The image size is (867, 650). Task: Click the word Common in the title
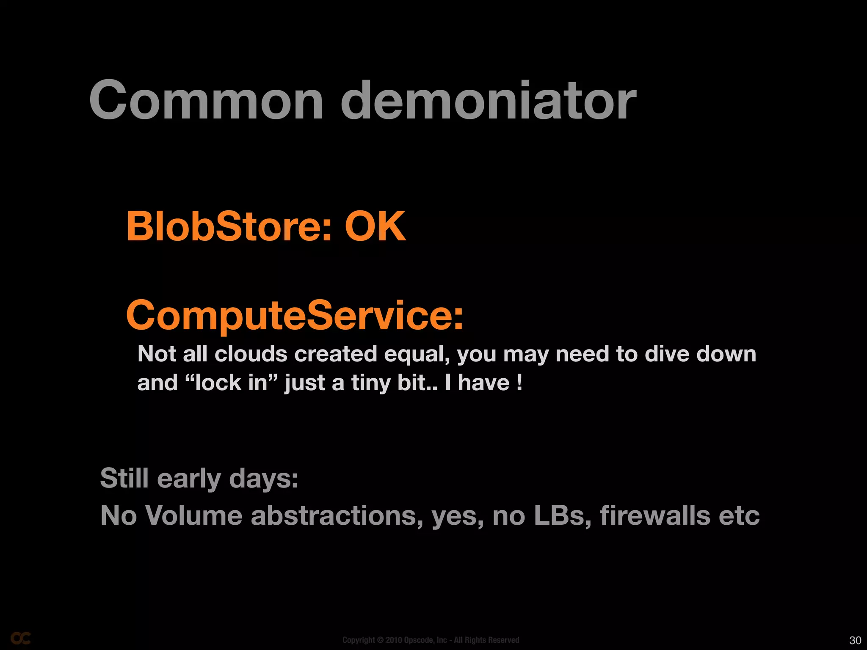tap(206, 101)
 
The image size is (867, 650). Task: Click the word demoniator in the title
tap(488, 101)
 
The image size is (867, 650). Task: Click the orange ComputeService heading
tap(295, 316)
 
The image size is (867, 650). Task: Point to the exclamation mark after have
tap(519, 383)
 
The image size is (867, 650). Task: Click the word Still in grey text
tap(124, 478)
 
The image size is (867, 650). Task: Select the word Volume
tap(193, 515)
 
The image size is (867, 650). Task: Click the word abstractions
tap(337, 515)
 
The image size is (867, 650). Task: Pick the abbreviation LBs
tap(559, 515)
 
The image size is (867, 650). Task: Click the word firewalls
tap(654, 515)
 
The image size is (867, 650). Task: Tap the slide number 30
tap(855, 640)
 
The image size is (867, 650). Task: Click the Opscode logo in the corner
tap(20, 638)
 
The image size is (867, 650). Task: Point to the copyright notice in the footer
tap(431, 640)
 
